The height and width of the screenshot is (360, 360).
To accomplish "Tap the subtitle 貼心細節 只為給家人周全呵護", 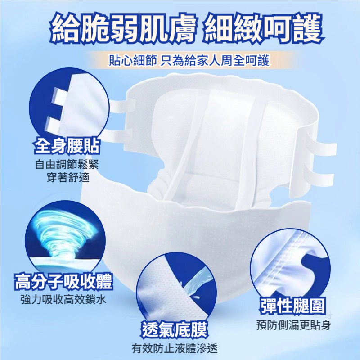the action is point(189,60).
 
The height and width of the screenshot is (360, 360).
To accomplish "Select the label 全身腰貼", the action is point(67,146).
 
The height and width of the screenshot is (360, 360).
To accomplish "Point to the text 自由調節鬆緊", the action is point(67,164).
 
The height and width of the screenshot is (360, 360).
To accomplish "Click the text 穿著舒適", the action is point(68,177).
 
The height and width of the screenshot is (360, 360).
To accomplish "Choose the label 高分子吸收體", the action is point(63,281).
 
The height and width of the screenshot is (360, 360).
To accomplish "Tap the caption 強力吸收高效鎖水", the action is point(63,299).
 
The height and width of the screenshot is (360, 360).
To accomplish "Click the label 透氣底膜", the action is point(175,329).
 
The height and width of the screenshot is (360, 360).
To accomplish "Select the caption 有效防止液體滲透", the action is point(175,348).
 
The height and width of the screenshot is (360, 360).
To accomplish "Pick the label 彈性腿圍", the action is point(293,306).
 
